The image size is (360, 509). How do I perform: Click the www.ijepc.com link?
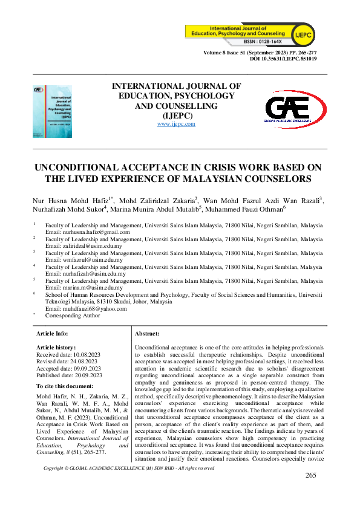[x=176, y=124]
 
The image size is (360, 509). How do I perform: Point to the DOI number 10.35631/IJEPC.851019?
[x=283, y=60]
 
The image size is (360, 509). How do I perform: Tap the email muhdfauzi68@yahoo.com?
[x=87, y=308]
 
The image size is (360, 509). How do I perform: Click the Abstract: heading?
[x=147, y=334]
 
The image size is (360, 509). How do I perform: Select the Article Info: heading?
[x=53, y=334]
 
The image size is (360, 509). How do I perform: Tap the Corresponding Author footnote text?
[x=73, y=316]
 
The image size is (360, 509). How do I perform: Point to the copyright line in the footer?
[x=129, y=485]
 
